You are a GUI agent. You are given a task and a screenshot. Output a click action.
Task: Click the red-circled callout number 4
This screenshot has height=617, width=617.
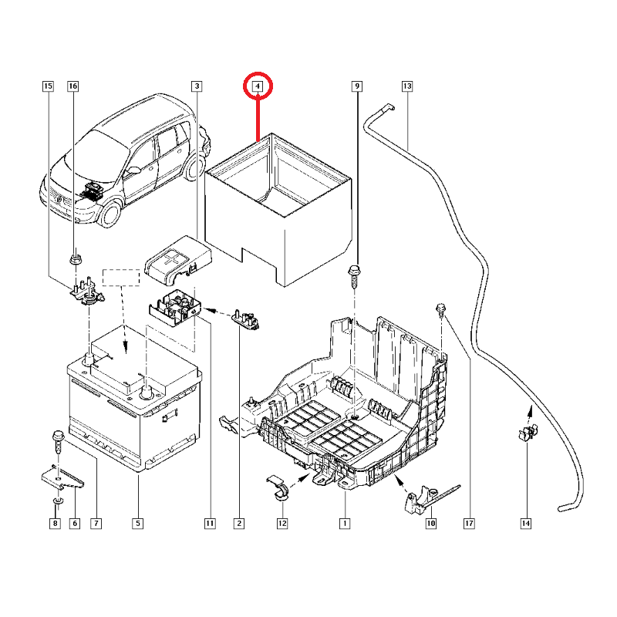click(258, 86)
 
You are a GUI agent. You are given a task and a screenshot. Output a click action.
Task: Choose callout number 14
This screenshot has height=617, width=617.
click(526, 524)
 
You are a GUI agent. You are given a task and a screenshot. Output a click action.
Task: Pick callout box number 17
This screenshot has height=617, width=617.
click(468, 524)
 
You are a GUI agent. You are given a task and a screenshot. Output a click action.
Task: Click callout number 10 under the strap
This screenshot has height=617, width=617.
click(430, 524)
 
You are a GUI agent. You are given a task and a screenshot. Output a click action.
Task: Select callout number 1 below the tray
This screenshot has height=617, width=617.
click(345, 524)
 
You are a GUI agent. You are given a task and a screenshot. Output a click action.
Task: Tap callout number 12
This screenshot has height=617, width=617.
click(282, 524)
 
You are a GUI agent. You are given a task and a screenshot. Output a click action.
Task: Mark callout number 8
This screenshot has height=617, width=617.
click(55, 524)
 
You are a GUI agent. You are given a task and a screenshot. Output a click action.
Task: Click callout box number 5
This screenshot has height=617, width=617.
click(137, 524)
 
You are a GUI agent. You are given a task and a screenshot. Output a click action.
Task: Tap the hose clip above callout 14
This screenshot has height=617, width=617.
click(527, 434)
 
